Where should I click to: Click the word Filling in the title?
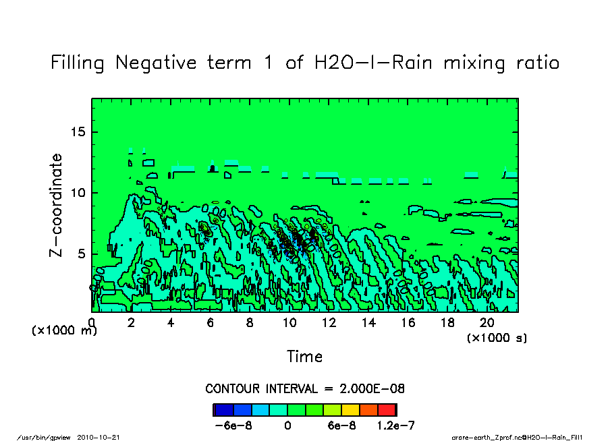(x=77, y=63)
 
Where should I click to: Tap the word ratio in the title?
(x=534, y=63)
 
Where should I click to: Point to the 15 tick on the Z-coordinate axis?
(x=79, y=132)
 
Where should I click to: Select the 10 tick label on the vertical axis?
(x=79, y=193)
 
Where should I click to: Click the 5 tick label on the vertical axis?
(x=82, y=254)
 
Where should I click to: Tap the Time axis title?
(x=304, y=356)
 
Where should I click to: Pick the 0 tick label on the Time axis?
(x=92, y=323)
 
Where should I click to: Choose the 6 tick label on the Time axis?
(x=211, y=323)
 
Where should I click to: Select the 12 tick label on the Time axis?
(x=329, y=323)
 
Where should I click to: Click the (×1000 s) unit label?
(x=497, y=337)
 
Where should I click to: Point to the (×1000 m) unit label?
(x=65, y=330)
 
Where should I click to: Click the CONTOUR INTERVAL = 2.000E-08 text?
(x=304, y=389)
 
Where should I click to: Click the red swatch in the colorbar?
(x=387, y=409)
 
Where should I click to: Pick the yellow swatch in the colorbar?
(x=350, y=409)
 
